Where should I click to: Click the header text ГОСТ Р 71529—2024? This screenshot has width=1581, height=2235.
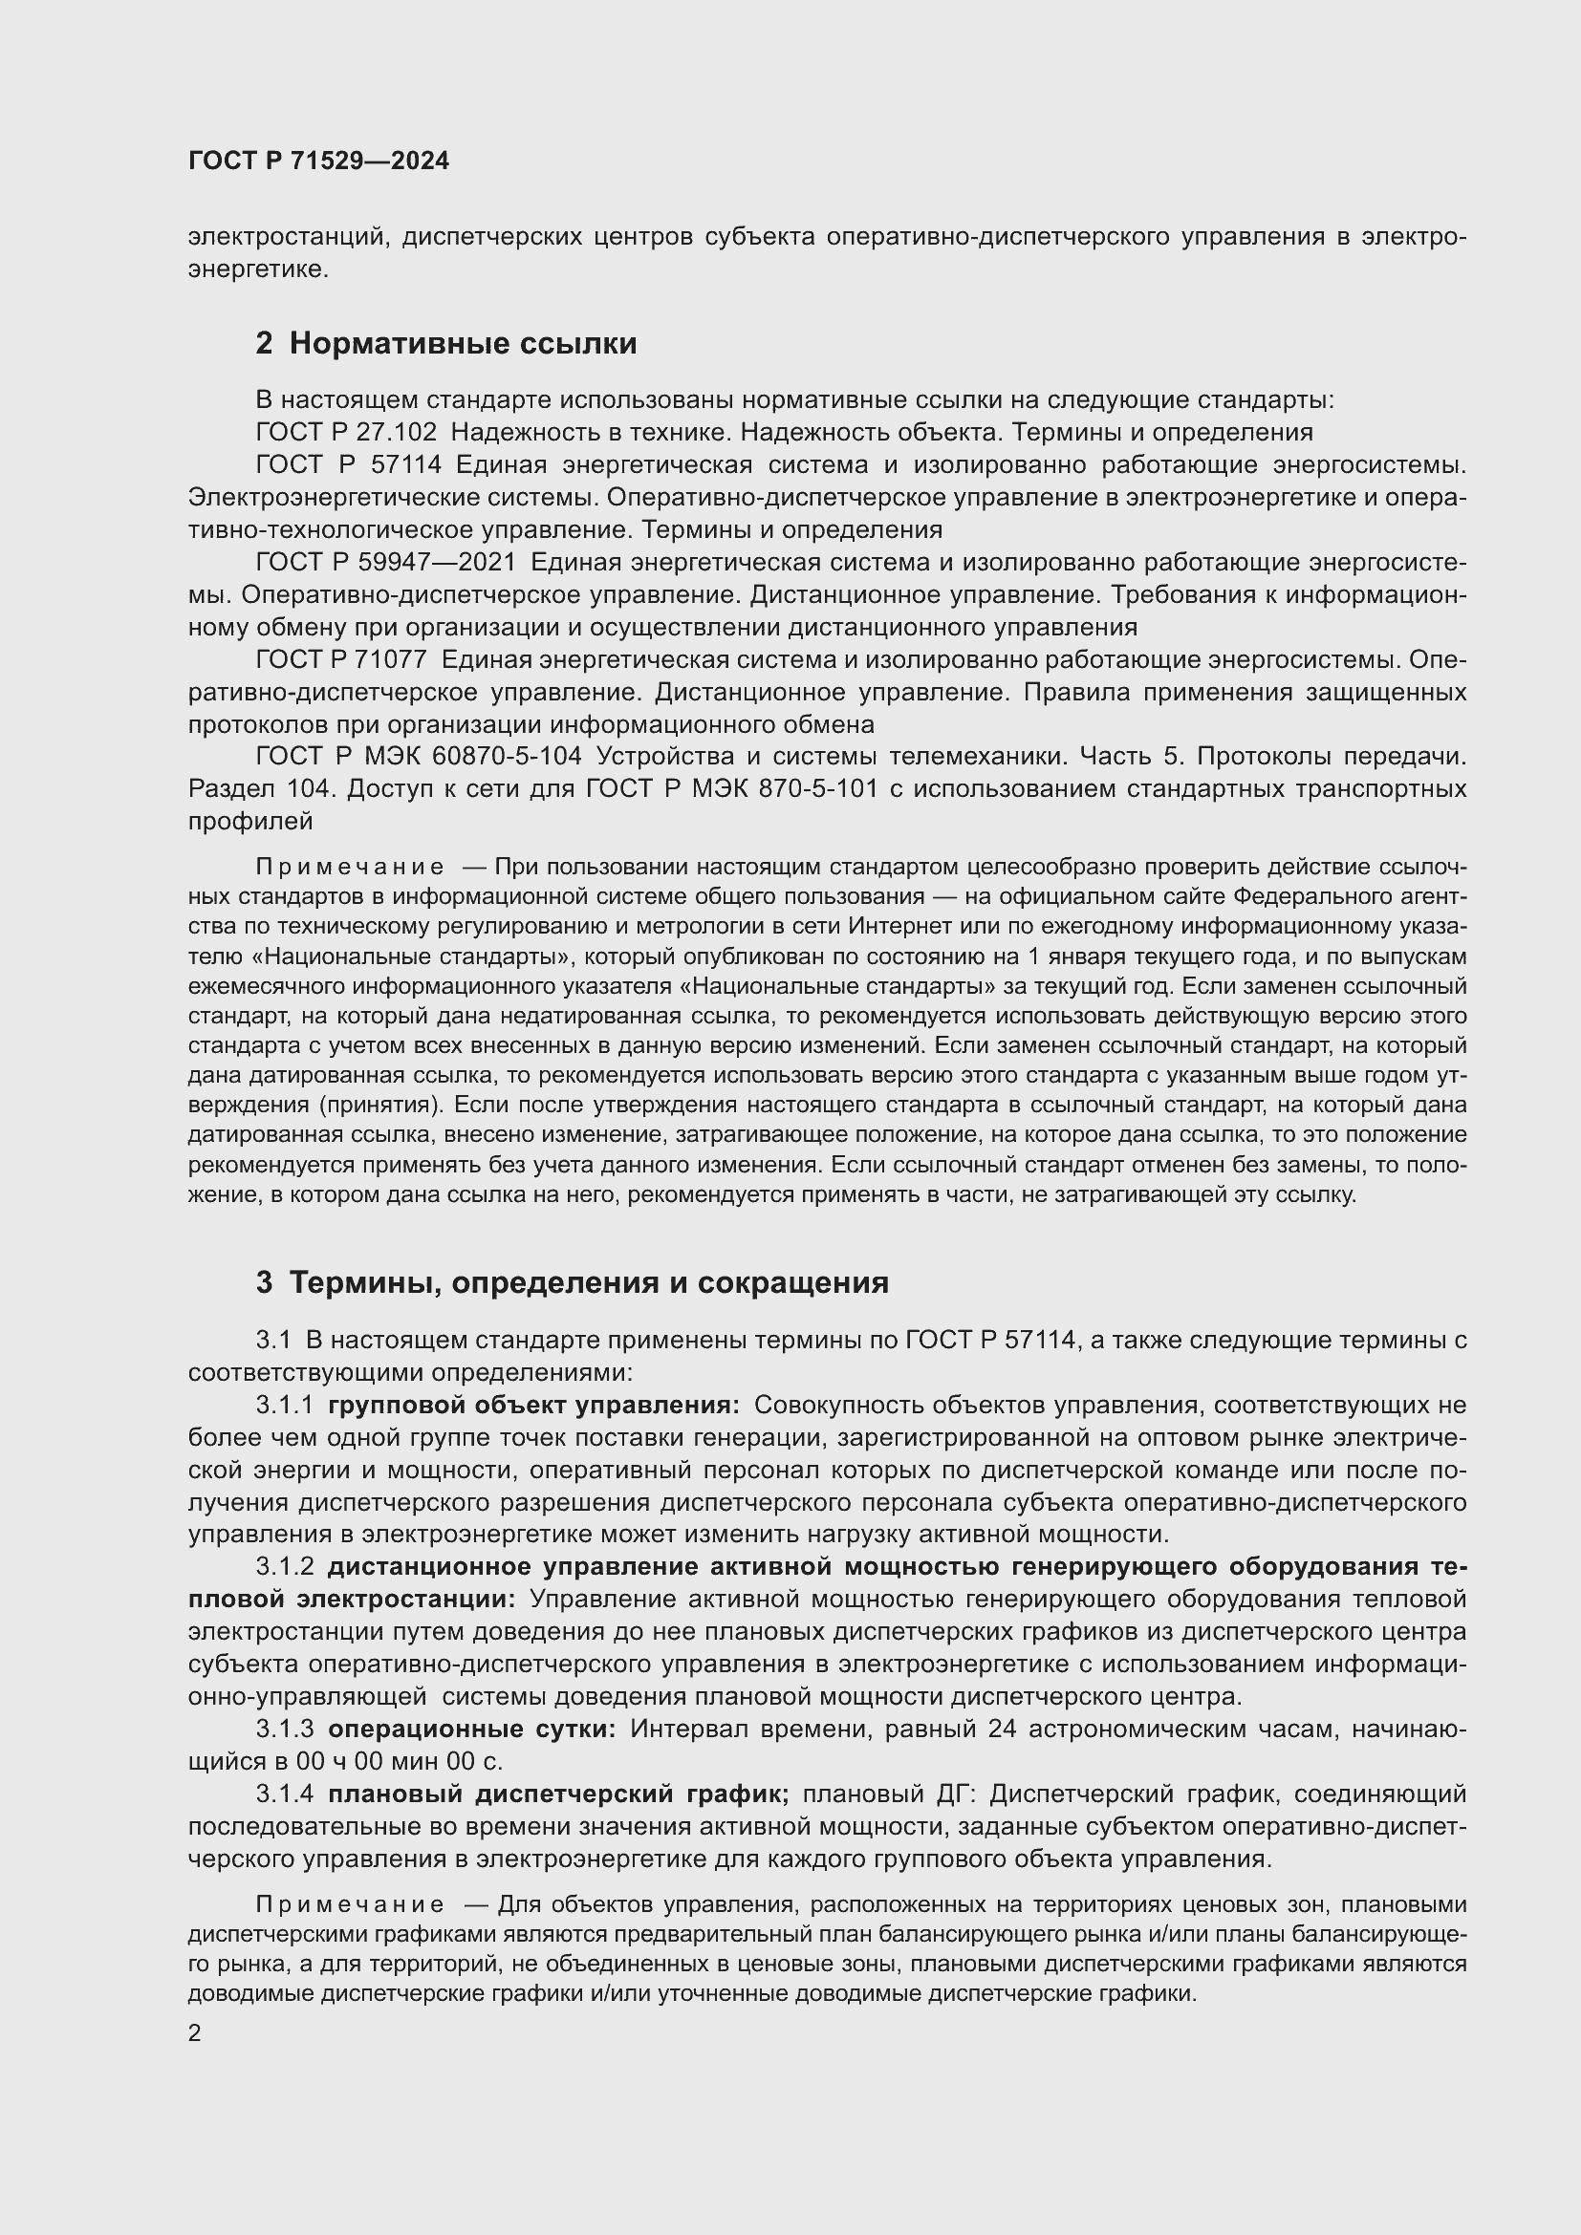(318, 161)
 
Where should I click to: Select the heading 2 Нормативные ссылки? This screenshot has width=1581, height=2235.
(445, 344)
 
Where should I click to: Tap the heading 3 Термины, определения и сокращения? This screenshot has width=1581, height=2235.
(573, 1282)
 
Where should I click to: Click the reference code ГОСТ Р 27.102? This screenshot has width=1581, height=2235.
(346, 431)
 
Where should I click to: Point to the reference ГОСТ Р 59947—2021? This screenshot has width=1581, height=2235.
(385, 562)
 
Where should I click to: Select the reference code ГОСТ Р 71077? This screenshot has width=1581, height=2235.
(340, 659)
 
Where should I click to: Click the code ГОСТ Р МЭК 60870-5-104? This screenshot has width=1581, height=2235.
(419, 756)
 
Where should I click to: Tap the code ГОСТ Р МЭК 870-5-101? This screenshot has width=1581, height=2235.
(731, 787)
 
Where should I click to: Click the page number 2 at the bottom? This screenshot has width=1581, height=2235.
(195, 2032)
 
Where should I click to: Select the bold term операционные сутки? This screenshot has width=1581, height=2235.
(471, 1729)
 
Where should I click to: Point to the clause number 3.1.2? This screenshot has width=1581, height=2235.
(285, 1566)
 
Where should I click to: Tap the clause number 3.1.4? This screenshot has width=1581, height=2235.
(285, 1793)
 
